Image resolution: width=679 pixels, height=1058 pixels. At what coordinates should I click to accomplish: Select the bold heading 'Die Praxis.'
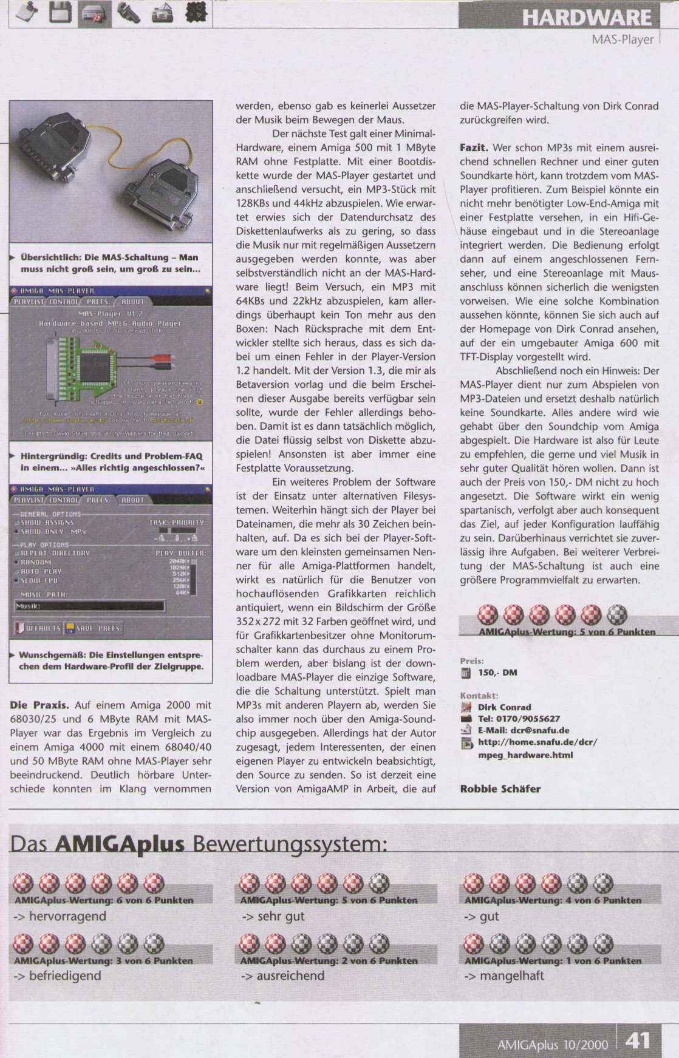coord(40,705)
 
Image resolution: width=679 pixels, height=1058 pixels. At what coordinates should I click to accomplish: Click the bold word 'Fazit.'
coord(474,148)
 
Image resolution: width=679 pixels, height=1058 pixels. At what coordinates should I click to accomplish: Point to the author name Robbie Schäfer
coord(500,789)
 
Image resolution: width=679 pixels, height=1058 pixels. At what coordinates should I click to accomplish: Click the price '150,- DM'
coord(497,673)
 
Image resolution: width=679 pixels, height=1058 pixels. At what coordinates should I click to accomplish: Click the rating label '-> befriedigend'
coord(57,976)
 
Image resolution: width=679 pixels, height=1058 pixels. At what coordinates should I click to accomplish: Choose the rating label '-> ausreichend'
coord(282,976)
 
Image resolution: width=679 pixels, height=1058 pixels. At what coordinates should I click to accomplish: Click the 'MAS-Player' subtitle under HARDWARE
coord(623,40)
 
